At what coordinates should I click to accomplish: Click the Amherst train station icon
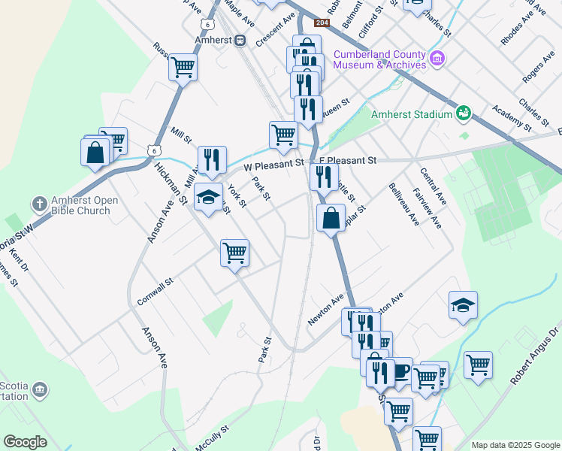click(x=240, y=41)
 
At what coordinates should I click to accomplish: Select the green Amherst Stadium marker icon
click(x=464, y=114)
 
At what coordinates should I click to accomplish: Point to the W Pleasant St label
click(x=273, y=162)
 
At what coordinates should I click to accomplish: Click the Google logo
click(x=25, y=442)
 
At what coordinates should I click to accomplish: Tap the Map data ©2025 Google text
click(x=515, y=445)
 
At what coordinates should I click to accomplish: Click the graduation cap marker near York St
click(x=209, y=196)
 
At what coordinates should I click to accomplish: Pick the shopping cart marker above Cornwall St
click(x=234, y=252)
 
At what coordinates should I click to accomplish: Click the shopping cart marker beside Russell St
click(x=183, y=66)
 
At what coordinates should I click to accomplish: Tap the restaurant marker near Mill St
click(x=211, y=159)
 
